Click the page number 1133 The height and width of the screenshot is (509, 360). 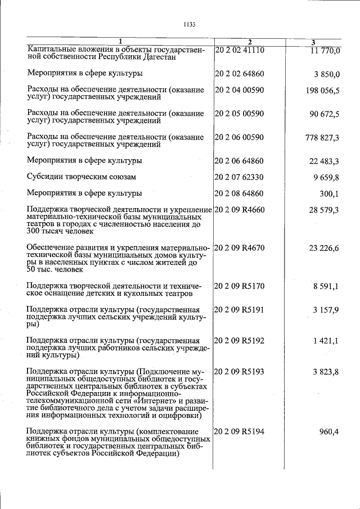(189, 24)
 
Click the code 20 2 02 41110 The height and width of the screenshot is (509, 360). (240, 50)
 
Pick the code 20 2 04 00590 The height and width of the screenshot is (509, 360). (240, 90)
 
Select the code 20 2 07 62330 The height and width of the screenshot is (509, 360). (240, 177)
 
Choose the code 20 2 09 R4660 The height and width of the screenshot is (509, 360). (240, 210)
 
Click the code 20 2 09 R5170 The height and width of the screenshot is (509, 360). (240, 287)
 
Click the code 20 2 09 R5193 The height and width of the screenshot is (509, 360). (240, 372)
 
